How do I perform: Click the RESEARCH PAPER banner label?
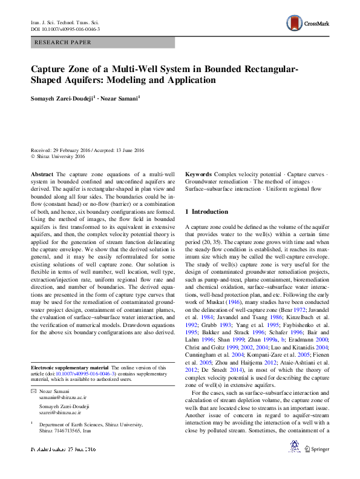64,42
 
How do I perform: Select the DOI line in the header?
65,29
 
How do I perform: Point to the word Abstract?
42,174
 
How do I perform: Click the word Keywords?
198,174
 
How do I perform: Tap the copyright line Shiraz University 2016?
61,156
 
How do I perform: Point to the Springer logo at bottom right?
318,449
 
